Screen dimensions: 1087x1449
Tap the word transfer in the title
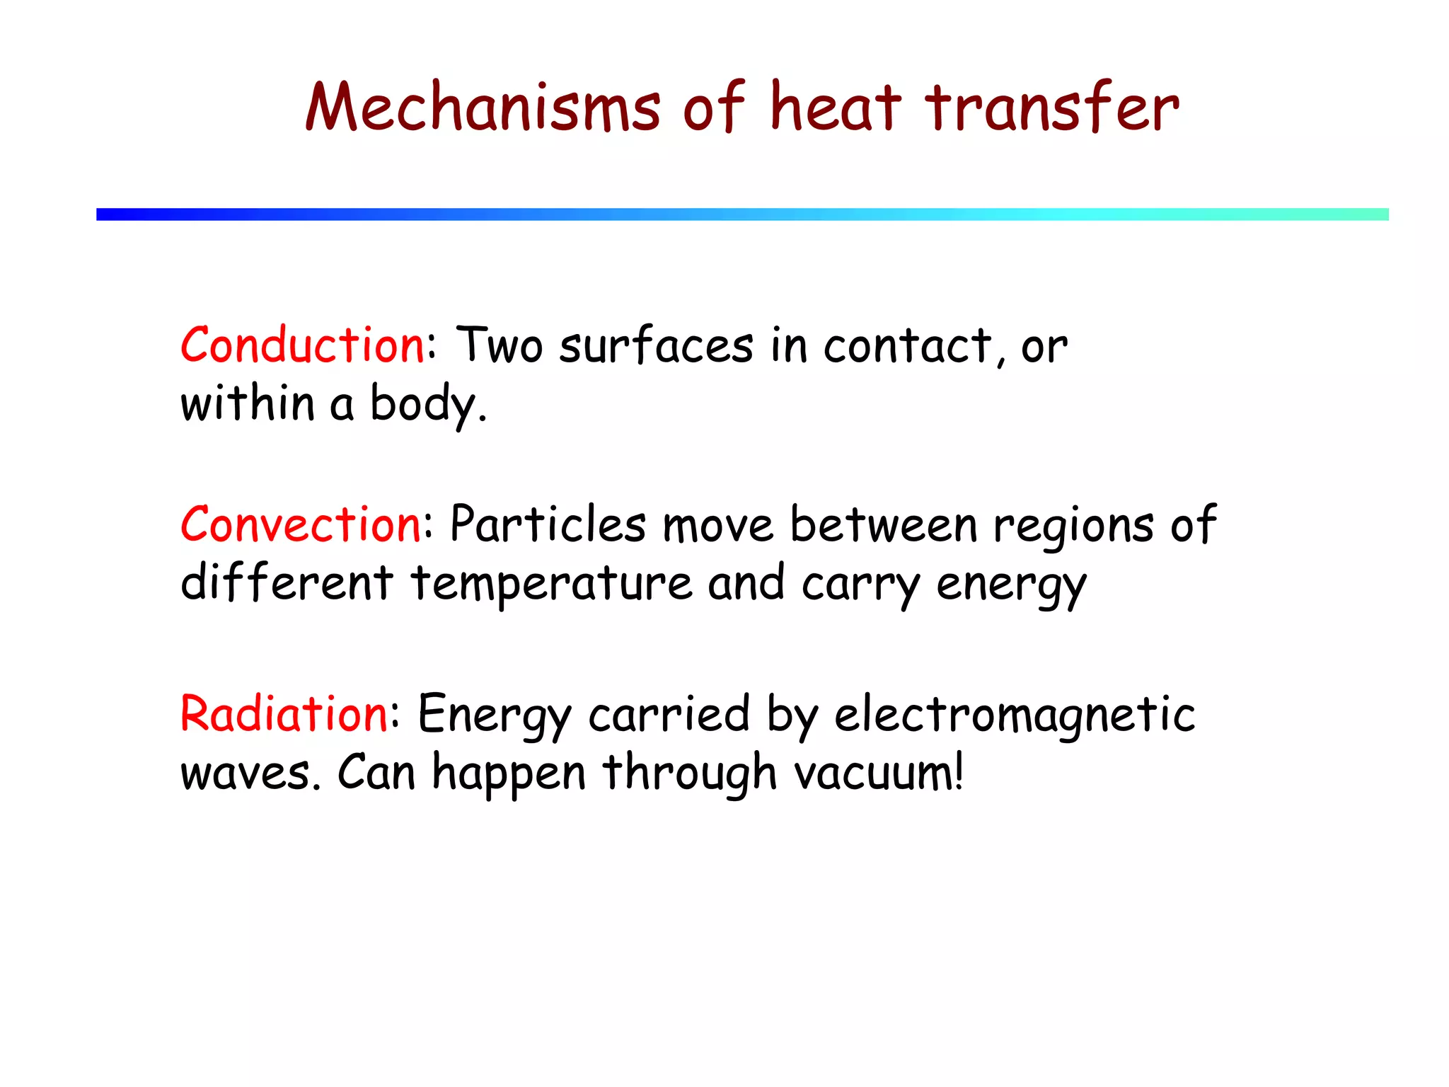(x=1052, y=108)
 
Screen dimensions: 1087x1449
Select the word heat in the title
(x=836, y=108)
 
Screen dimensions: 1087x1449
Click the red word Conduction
(x=302, y=346)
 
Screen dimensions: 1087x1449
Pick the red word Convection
(x=301, y=525)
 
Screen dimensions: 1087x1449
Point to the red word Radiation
(x=284, y=713)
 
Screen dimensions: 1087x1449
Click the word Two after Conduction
(x=500, y=346)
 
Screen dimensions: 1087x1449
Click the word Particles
(x=548, y=525)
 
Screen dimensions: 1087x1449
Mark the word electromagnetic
(x=1015, y=715)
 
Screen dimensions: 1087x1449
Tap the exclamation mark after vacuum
(x=959, y=771)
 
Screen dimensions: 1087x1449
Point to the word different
(x=287, y=583)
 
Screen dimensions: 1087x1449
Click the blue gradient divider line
(x=742, y=214)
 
